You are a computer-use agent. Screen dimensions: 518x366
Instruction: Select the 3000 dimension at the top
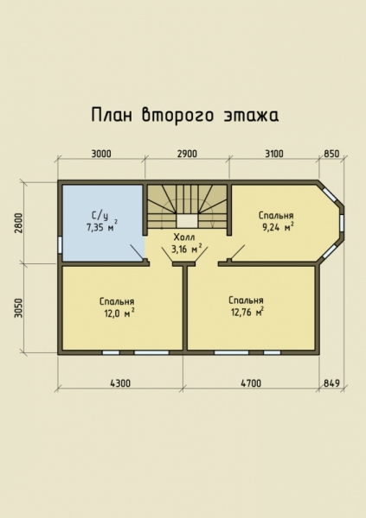[x=101, y=155]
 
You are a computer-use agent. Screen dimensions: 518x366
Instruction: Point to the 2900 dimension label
[x=187, y=155]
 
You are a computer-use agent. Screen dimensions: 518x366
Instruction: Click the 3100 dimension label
[x=273, y=155]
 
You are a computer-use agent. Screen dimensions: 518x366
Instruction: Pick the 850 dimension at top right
[x=331, y=155]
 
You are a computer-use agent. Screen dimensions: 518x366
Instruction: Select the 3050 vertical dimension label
[x=17, y=308]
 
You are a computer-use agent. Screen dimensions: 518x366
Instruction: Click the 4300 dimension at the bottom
[x=120, y=382]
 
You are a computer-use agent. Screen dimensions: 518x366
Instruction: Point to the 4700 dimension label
[x=251, y=382]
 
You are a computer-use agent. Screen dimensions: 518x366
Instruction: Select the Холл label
[x=184, y=237]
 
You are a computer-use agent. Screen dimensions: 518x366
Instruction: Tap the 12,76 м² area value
[x=247, y=312]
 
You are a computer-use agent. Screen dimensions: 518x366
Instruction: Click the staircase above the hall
[x=187, y=206]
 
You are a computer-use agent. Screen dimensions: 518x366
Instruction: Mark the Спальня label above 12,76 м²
[x=246, y=300]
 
